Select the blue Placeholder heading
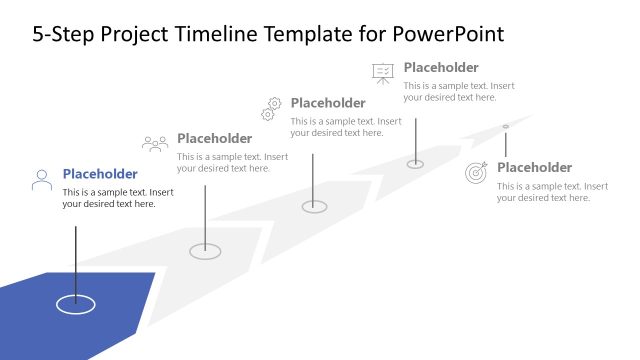point(100,174)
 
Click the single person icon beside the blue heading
point(42,180)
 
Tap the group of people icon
point(155,144)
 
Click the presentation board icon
point(382,72)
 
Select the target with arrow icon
point(477,172)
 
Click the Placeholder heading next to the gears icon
point(328,103)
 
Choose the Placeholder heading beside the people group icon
point(214,138)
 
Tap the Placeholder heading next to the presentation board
point(441,68)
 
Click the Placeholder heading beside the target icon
point(534,167)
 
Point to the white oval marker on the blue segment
point(75,304)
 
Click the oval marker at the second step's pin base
point(205,251)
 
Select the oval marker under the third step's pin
point(315,206)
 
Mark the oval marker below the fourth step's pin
point(415,164)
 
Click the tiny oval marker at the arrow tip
point(505,126)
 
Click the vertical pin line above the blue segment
point(75,260)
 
